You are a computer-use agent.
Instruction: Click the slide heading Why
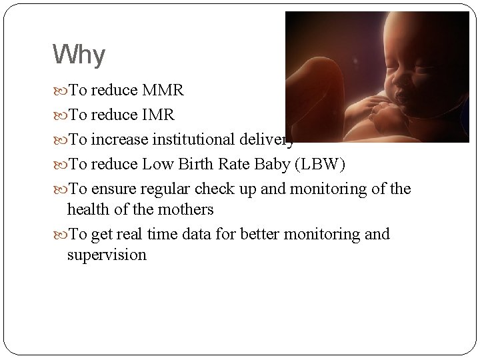(x=78, y=55)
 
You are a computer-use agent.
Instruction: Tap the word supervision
(x=107, y=255)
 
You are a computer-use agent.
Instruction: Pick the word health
(x=89, y=209)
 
